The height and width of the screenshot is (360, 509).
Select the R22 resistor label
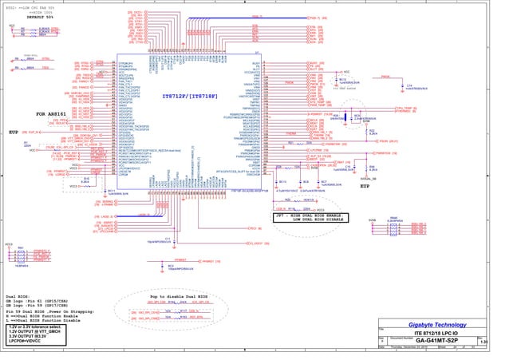(x=372, y=130)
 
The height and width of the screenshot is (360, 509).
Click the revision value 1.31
(x=483, y=342)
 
